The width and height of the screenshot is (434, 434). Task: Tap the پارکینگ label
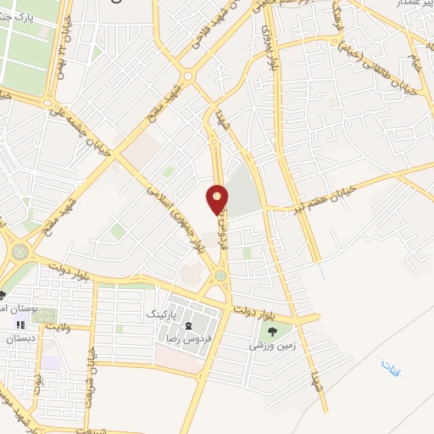pos(164,314)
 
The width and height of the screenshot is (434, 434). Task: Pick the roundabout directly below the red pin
pos(220,275)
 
